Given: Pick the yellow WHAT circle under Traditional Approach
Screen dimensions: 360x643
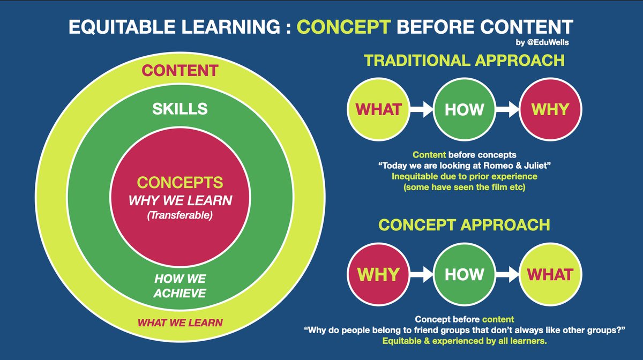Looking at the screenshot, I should point(378,109).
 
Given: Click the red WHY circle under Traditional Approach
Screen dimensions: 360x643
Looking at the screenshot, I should point(550,109).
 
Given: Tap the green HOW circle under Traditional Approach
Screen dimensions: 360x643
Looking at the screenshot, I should point(464,109).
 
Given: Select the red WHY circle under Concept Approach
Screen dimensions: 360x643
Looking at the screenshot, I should point(378,274).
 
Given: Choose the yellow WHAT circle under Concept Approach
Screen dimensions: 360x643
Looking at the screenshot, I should point(550,274).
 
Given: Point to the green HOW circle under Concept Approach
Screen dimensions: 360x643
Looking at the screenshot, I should point(464,274).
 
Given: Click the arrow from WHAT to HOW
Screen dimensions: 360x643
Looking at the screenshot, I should point(421,110).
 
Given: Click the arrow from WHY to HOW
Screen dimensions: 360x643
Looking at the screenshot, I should point(421,274).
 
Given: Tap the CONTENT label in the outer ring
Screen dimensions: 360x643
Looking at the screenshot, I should point(180,70).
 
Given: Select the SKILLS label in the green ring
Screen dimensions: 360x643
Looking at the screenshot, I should point(180,109).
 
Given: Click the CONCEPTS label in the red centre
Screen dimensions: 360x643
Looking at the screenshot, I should point(180,183).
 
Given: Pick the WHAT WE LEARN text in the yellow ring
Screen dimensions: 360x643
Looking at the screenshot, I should point(180,323).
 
